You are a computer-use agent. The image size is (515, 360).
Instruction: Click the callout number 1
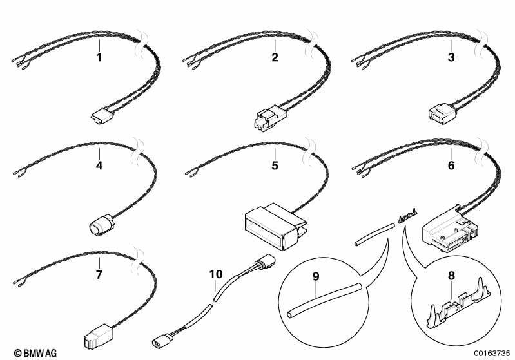pos(99,57)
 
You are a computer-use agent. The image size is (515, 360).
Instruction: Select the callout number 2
pos(275,57)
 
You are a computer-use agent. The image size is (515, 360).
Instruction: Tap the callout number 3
pos(451,57)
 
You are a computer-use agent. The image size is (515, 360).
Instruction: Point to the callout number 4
pos(99,166)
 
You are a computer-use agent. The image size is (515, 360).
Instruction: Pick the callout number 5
pos(275,166)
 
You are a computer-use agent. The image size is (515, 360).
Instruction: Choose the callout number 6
pos(451,166)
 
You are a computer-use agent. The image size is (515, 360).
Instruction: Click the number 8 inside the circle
pos(452,276)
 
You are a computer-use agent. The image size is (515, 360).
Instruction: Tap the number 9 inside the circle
pos(316,277)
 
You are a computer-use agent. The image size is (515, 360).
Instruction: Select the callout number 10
pos(216,274)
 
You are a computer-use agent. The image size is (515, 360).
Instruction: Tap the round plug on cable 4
pos(101,225)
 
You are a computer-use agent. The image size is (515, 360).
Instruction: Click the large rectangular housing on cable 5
pos(276,226)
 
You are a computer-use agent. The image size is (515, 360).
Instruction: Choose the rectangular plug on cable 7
pos(97,337)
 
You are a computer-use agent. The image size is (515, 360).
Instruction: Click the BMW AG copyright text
pos(35,353)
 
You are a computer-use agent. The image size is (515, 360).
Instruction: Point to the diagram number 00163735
pos(492,354)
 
